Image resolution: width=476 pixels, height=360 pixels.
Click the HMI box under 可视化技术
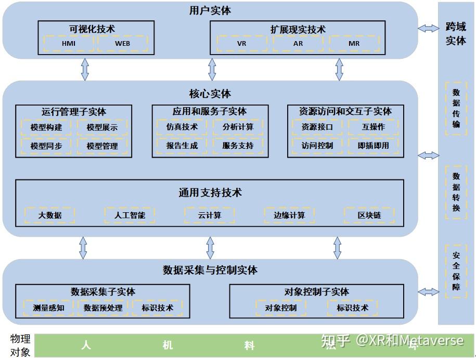[x=69, y=44]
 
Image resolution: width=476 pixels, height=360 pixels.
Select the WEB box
[x=123, y=44]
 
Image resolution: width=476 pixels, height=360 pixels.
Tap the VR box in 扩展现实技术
[x=241, y=44]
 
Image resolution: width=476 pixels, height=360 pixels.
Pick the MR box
[x=354, y=44]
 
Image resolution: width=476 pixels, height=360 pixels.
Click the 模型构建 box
[x=46, y=127]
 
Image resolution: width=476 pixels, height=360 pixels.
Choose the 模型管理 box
[x=102, y=146]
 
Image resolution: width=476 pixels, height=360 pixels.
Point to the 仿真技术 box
[x=182, y=127]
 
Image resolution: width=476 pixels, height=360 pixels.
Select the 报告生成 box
[x=182, y=146]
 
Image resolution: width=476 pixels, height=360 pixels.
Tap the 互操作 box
[x=374, y=127]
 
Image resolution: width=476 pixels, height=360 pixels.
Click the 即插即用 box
[x=374, y=146]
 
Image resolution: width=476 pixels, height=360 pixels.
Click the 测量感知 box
[x=48, y=307]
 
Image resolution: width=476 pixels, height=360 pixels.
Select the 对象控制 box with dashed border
[x=281, y=307]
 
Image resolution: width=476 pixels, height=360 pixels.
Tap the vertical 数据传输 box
[x=456, y=108]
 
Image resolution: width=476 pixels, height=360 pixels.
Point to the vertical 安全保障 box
[x=456, y=271]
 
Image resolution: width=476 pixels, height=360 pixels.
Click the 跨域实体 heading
[x=456, y=34]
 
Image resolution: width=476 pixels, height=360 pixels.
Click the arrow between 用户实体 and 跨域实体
[x=428, y=29]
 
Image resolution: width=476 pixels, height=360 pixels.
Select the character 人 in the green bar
[x=86, y=345]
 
